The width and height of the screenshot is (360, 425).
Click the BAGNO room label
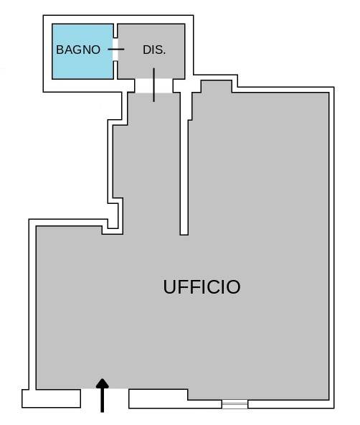click(x=78, y=50)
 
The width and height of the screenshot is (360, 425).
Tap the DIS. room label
click(x=154, y=50)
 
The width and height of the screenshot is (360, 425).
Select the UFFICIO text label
click(x=202, y=286)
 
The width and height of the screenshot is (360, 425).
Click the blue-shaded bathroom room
click(x=82, y=52)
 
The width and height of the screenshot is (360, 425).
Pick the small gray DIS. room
click(x=151, y=51)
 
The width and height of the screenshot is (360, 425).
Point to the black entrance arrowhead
click(x=103, y=383)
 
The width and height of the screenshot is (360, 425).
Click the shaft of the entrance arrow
click(x=103, y=400)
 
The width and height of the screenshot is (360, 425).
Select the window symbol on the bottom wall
click(x=235, y=404)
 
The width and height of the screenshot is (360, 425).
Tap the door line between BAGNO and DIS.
click(x=116, y=50)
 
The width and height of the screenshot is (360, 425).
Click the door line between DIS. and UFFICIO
click(x=153, y=85)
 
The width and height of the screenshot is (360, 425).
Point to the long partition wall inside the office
click(x=184, y=163)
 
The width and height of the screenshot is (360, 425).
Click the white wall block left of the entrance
click(x=51, y=398)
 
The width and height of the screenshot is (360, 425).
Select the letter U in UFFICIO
click(x=170, y=286)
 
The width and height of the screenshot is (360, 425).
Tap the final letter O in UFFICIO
click(x=233, y=287)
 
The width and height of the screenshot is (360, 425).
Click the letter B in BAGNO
click(x=60, y=50)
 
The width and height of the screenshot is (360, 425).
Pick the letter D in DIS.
click(x=147, y=50)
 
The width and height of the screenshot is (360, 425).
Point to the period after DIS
click(x=164, y=54)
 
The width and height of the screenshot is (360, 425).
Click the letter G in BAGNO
click(x=77, y=50)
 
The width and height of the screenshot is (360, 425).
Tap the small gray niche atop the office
click(x=217, y=86)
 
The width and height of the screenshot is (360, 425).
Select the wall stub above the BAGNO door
click(x=115, y=31)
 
